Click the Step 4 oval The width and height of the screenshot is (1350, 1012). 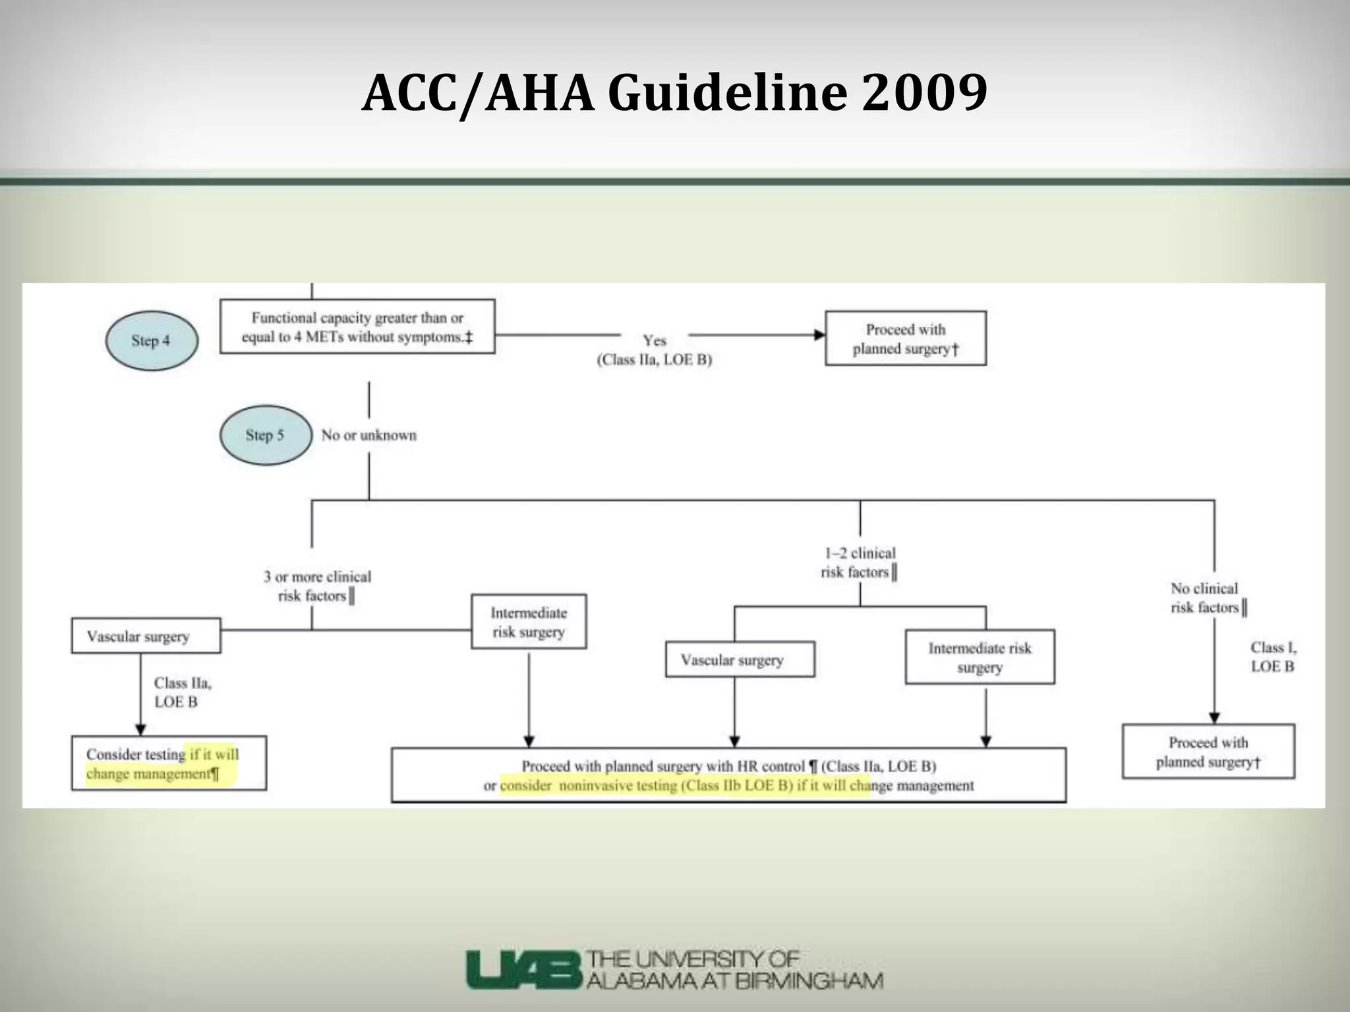[x=151, y=341]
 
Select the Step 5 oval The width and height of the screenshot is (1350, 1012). [x=265, y=435]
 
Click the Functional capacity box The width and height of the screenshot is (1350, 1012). [x=357, y=327]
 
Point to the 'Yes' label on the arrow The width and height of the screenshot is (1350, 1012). [x=655, y=341]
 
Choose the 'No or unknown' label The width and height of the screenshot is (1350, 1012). [x=368, y=435]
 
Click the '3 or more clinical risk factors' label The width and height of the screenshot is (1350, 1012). [x=317, y=586]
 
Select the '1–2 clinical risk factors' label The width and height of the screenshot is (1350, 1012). [x=859, y=563]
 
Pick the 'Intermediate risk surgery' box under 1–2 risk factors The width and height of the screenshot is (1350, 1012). [x=980, y=657]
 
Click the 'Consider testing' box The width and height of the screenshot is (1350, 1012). [x=169, y=763]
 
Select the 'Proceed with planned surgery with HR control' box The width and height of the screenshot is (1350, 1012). [x=728, y=775]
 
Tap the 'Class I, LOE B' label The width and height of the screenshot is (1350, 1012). [x=1272, y=657]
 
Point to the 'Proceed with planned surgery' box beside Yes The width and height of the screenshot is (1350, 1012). [x=906, y=338]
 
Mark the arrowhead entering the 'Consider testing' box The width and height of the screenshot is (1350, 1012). [x=140, y=730]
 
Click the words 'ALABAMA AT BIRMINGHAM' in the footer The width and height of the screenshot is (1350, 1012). [x=734, y=981]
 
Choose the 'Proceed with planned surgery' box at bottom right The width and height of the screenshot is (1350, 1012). [x=1208, y=752]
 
